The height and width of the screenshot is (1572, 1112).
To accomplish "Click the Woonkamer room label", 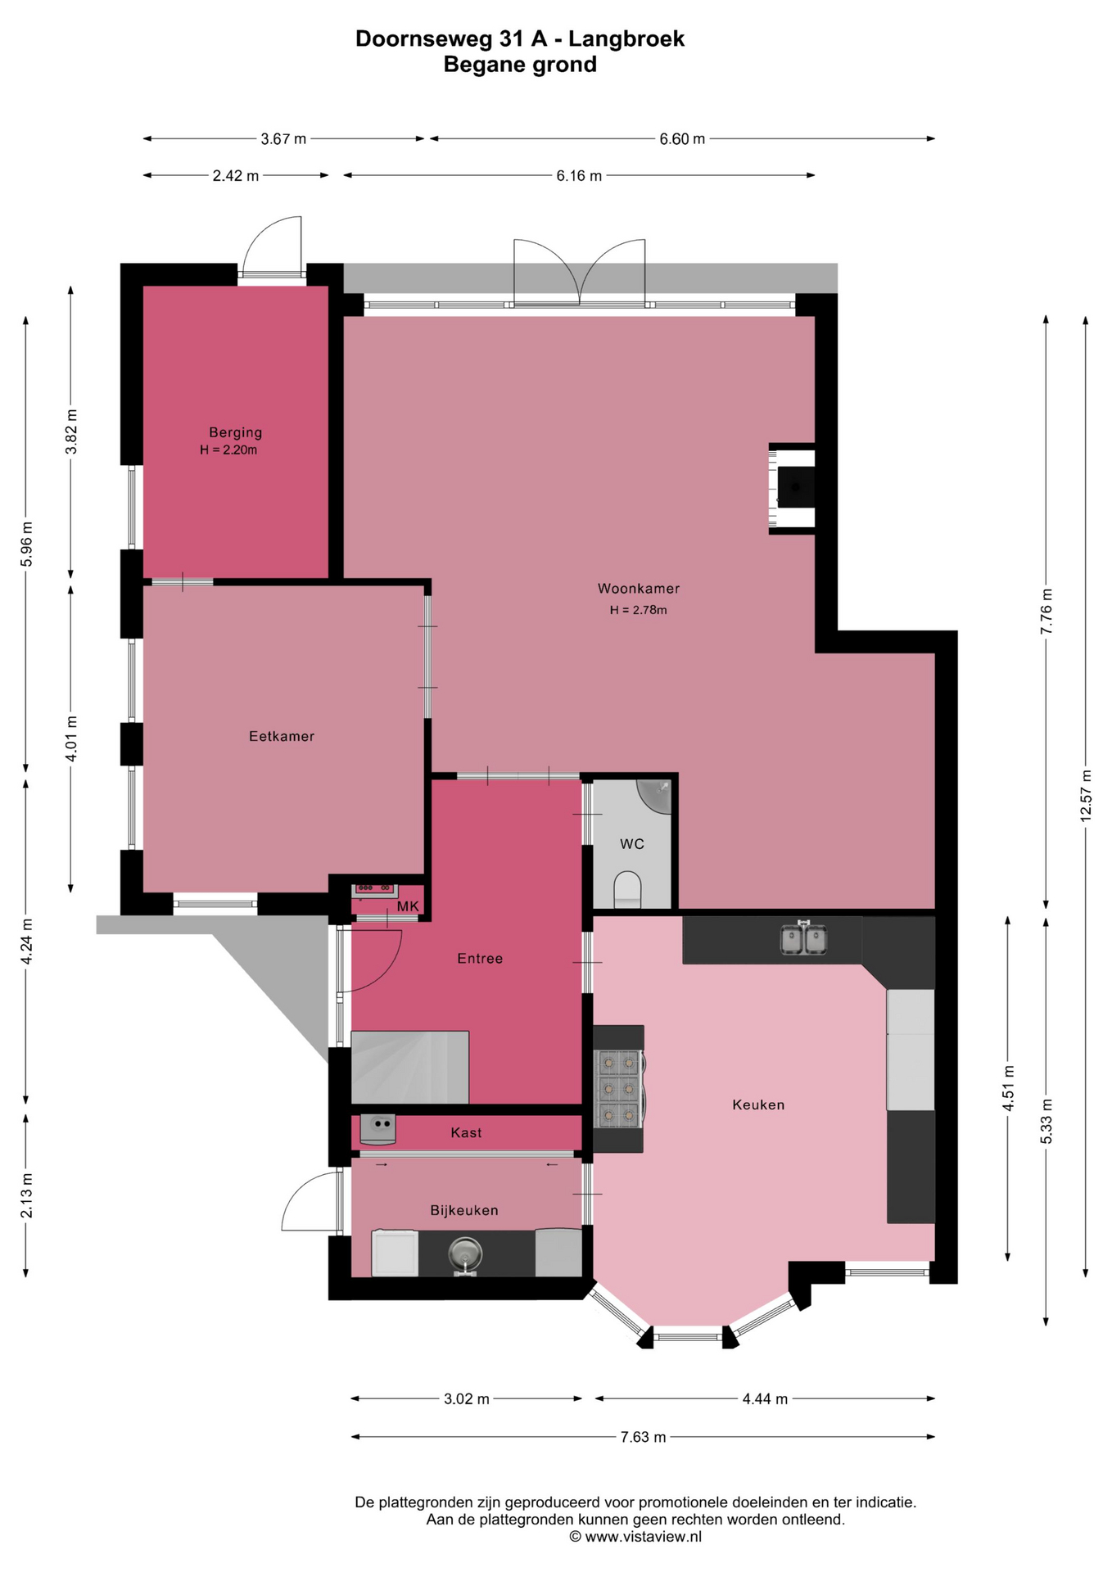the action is (638, 588).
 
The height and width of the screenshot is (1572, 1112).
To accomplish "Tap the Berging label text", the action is (235, 432).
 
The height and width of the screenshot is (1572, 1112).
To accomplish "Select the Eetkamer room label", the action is (282, 736).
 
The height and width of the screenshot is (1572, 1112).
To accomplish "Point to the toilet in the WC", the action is (627, 889).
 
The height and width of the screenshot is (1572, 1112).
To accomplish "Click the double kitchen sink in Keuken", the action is (803, 938).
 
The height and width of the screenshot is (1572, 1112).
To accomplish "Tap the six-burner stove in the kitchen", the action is (619, 1088).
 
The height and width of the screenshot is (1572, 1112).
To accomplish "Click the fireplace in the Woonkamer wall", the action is (792, 489).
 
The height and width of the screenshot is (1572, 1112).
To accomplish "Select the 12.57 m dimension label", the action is (1086, 796).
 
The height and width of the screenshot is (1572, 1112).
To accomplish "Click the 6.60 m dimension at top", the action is (682, 139).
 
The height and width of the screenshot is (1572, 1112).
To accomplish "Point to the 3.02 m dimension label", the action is (467, 1398).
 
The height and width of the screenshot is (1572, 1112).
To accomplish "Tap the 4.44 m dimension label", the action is (765, 1398).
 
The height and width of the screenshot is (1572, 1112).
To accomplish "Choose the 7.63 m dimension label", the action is (643, 1436).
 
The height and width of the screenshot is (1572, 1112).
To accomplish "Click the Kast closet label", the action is (466, 1132).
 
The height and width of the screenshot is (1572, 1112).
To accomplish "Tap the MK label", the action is (408, 906).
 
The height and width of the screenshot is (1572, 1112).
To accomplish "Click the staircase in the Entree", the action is (409, 1067).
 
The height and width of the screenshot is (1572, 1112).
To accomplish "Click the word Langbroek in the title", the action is (626, 38).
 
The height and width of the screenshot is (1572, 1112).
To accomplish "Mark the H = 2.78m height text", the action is (638, 610).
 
